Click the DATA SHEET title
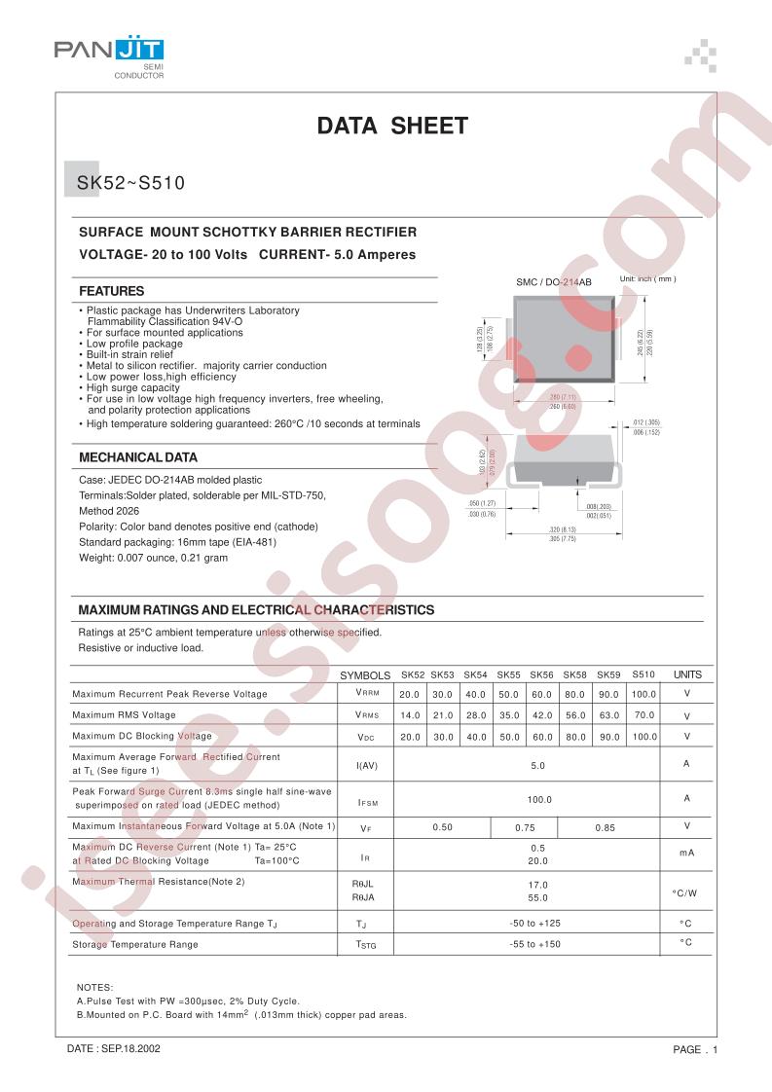click(x=393, y=126)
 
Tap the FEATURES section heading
click(x=112, y=291)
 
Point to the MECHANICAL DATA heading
click(x=138, y=456)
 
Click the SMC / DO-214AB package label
click(x=554, y=281)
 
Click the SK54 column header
click(x=475, y=674)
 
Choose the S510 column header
click(x=643, y=674)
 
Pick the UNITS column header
click(x=687, y=674)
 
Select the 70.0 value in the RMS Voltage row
click(x=643, y=715)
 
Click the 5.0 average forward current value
click(x=537, y=766)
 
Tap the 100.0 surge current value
click(x=538, y=799)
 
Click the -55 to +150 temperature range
click(x=535, y=944)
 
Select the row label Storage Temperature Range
click(x=135, y=944)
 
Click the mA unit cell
click(x=686, y=853)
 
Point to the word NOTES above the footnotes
click(x=94, y=987)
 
